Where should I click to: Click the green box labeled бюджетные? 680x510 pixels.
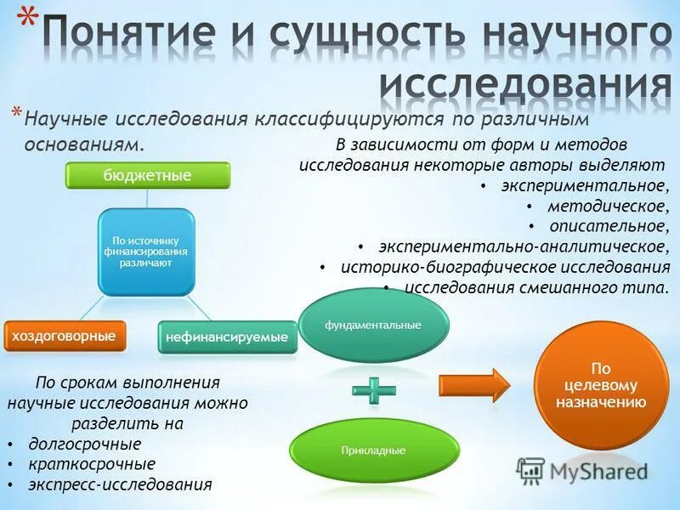(148, 175)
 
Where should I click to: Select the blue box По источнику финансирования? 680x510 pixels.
(147, 252)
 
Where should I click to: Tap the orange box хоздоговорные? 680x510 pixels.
(65, 336)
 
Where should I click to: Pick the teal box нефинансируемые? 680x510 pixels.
(227, 337)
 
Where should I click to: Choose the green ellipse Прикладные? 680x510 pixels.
(375, 450)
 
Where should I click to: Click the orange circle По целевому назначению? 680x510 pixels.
(601, 386)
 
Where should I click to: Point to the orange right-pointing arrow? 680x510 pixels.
(473, 385)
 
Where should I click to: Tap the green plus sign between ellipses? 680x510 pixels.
(374, 390)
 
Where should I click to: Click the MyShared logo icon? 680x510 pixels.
(530, 471)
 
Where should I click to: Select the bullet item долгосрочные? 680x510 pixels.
(85, 444)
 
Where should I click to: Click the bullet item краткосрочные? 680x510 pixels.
(92, 464)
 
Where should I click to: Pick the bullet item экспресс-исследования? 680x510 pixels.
(120, 485)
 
